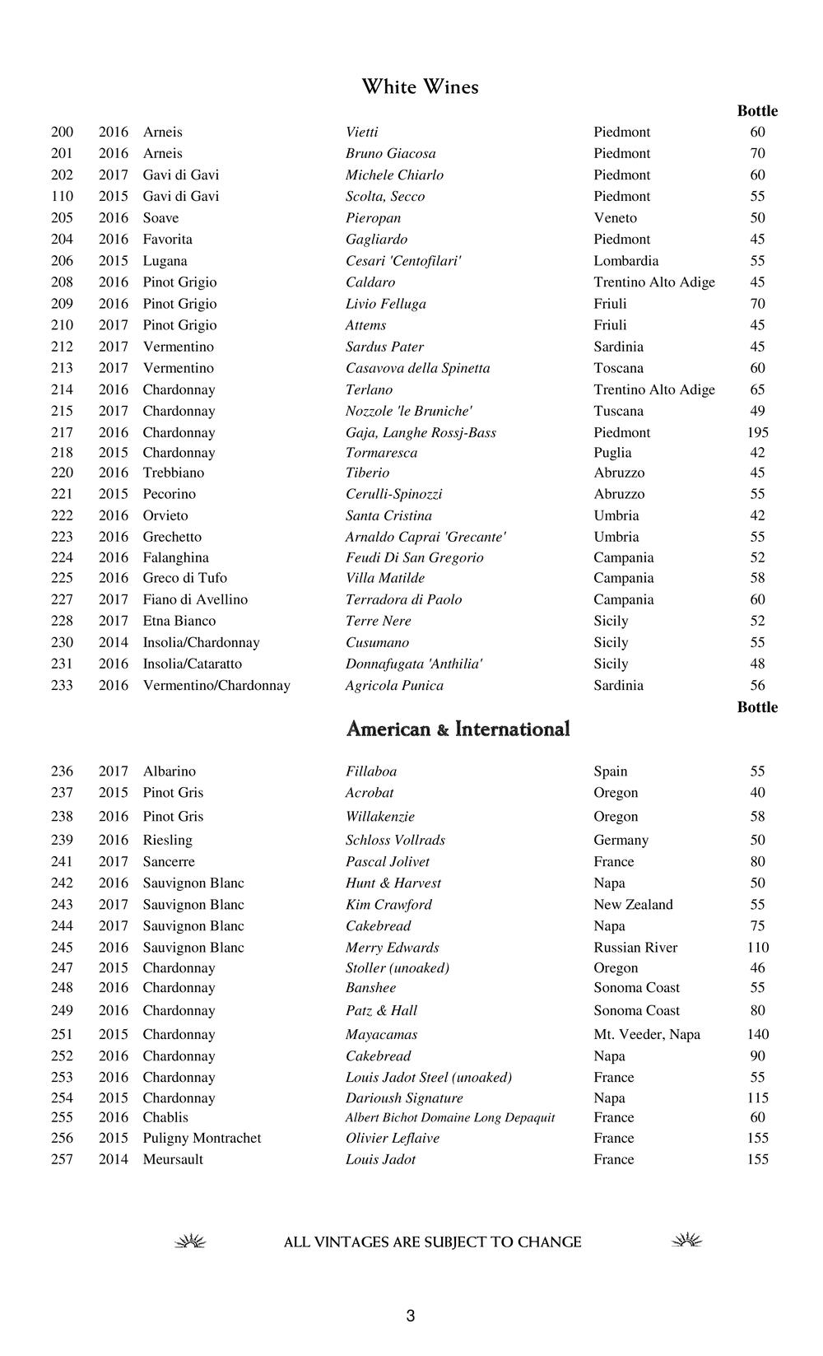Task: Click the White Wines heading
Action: pos(420,87)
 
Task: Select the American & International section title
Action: pos(458,729)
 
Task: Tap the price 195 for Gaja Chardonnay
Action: pos(757,432)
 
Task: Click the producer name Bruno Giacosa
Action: pos(390,153)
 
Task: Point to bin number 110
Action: pos(62,196)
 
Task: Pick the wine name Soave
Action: pos(160,218)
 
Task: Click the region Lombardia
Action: pos(625,261)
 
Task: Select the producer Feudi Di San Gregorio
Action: pos(414,557)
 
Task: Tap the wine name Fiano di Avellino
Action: pos(195,599)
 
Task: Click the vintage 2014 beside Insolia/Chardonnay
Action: pos(114,642)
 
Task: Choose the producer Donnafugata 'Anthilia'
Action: pos(413,664)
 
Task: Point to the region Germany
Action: pos(621,840)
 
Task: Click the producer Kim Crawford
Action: pos(388,904)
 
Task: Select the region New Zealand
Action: pos(633,904)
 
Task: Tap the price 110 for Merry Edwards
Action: pos(757,948)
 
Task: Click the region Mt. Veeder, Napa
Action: pos(646,1034)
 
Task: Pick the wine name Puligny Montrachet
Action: pos(202,1138)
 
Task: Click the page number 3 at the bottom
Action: pos(411,1316)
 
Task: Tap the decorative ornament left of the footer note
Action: pos(190,1242)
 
